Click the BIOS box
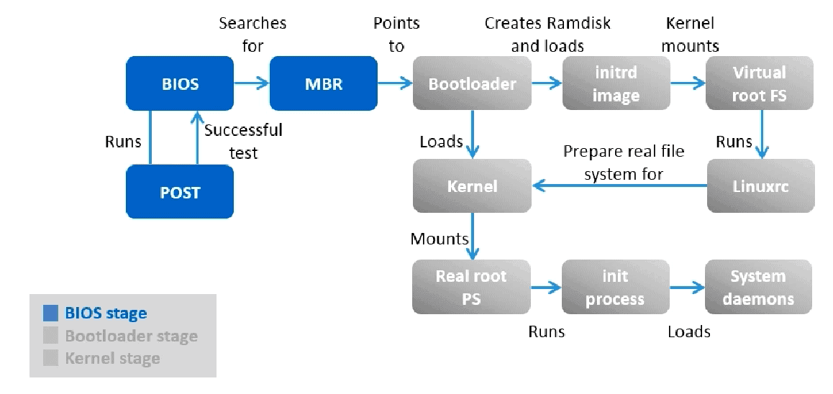coord(180,83)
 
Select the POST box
coord(180,192)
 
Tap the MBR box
coord(323,83)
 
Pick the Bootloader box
coord(472,83)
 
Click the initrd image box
coord(616,83)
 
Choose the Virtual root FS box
coord(760,83)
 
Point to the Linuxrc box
coord(760,186)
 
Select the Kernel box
coord(472,186)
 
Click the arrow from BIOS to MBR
coord(251,83)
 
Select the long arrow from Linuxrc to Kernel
coord(619,186)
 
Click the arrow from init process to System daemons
coord(687,288)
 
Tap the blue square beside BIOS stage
coord(50,313)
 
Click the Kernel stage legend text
coord(112,358)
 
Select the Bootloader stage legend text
coord(131,336)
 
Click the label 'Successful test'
coord(243,142)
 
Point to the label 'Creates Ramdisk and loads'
coord(547,35)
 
